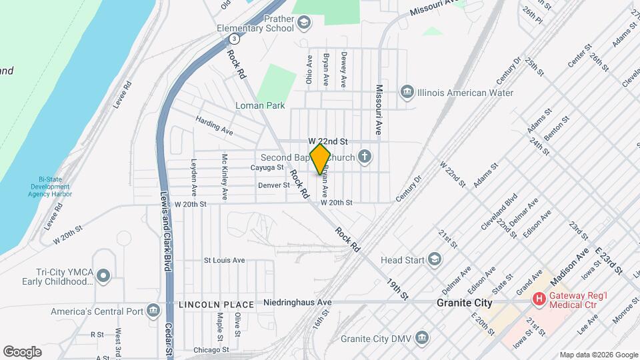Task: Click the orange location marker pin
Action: (321, 159)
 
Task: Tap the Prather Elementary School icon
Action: (304, 24)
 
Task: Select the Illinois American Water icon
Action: (407, 91)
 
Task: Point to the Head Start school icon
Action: (434, 259)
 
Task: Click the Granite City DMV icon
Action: (421, 338)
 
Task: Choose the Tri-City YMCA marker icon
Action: (103, 275)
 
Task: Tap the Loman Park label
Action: (260, 105)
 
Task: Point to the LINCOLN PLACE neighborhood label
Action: (216, 305)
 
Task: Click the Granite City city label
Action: (464, 303)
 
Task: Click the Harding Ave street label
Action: (214, 125)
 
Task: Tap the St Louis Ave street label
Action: (225, 260)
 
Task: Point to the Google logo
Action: (22, 351)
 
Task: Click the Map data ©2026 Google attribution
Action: (597, 355)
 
